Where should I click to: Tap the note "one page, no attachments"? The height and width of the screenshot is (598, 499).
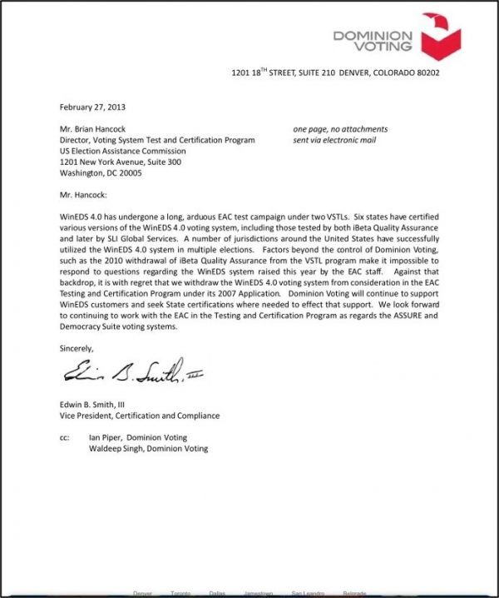coord(340,129)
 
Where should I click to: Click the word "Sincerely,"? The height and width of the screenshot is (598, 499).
coord(77,347)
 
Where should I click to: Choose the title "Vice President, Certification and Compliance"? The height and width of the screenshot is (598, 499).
coord(141,416)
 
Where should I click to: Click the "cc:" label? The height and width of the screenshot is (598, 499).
coord(66,437)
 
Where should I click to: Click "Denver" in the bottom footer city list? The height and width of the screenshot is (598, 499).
coord(144,594)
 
